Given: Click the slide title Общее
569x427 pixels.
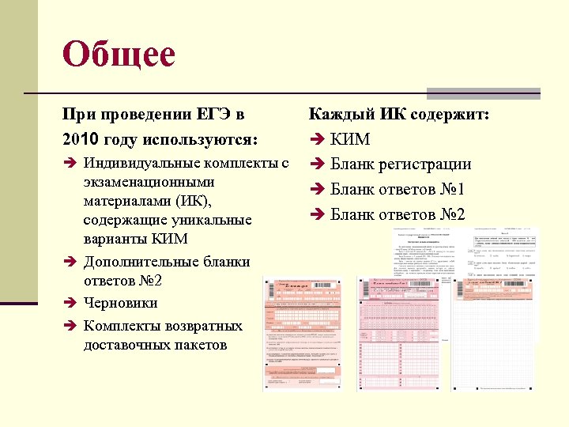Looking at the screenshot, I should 119,55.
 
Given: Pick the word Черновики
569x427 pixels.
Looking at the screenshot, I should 120,303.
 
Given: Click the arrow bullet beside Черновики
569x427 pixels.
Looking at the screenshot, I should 69,303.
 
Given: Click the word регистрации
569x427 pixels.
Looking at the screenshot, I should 428,164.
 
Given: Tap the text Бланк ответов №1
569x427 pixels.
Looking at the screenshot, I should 398,190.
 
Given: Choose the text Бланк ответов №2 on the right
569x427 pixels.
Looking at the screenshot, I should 398,214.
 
